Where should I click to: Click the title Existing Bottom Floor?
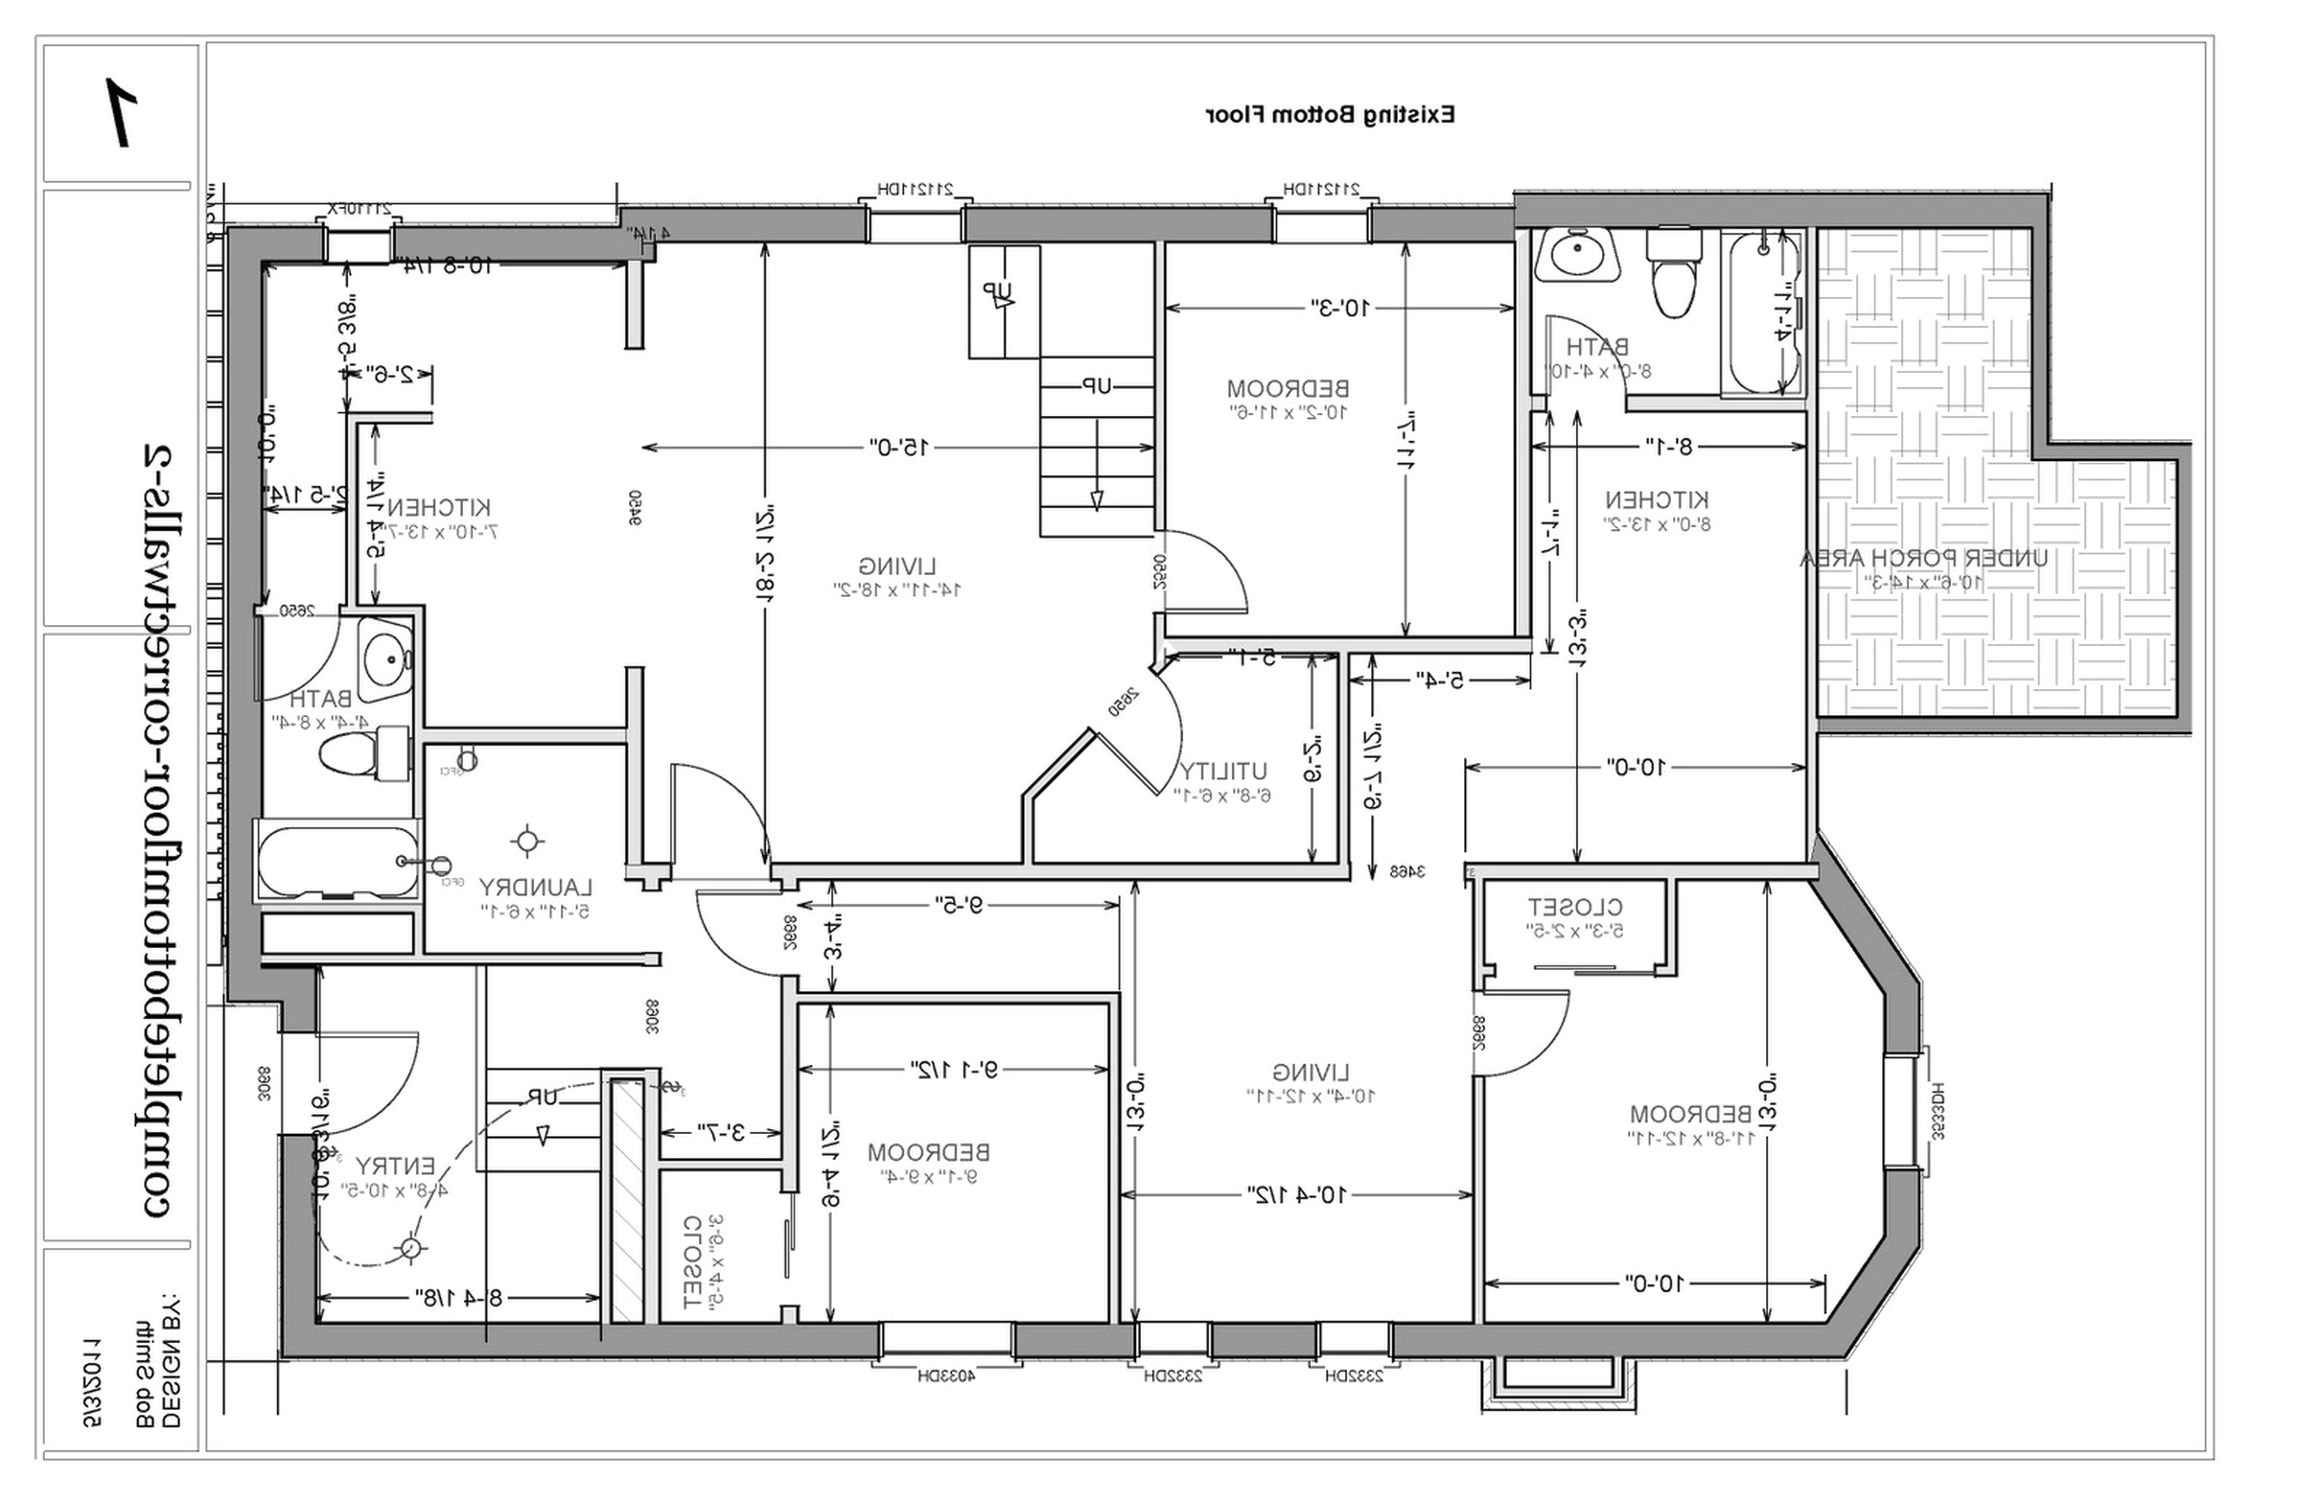pyautogui.click(x=1329, y=115)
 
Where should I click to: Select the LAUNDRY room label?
pyautogui.click(x=535, y=888)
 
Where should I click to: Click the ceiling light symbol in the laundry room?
pyautogui.click(x=527, y=841)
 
